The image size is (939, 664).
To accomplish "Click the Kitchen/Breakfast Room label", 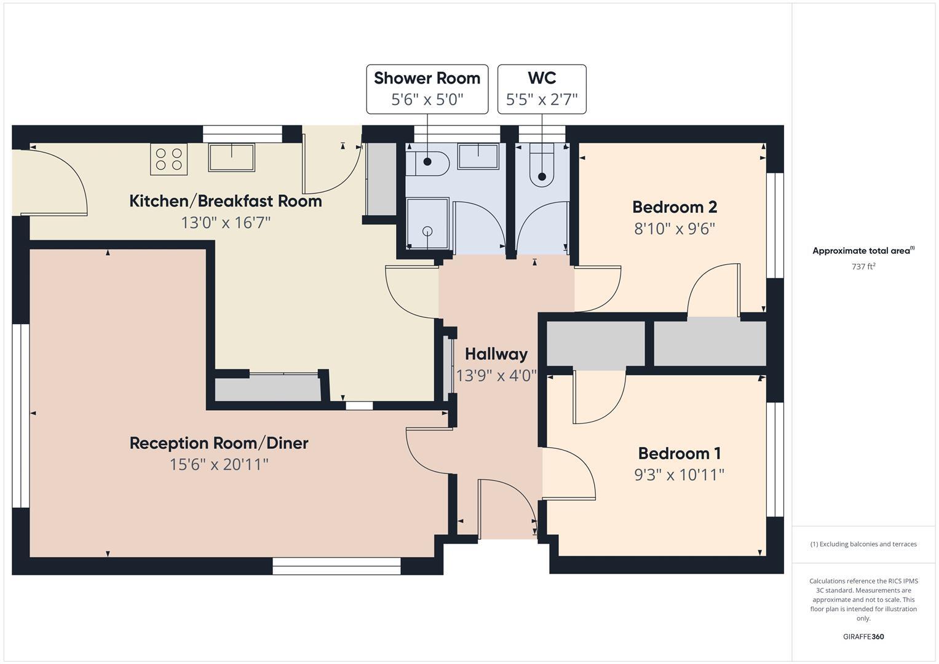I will (x=225, y=201).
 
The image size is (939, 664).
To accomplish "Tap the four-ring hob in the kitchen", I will (x=168, y=159).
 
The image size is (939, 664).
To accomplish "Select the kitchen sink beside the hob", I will (x=231, y=157).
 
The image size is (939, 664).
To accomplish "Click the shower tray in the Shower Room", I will (x=427, y=223).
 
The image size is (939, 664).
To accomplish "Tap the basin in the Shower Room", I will (x=478, y=156).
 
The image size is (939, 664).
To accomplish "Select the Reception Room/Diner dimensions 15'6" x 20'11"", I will (x=219, y=464).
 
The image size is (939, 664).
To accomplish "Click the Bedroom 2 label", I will (x=675, y=207).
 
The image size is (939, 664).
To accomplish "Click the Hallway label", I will (x=496, y=354).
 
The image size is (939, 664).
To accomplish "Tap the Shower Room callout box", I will (x=427, y=89).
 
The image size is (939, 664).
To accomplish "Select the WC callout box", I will (x=542, y=89).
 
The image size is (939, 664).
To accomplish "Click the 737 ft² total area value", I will (x=863, y=267).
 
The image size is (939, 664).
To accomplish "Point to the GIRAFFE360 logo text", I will (x=863, y=636).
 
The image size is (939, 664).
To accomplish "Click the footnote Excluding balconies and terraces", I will (x=863, y=544).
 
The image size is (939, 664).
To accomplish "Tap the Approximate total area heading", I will (x=863, y=251).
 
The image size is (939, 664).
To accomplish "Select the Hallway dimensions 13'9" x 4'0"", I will (x=496, y=376).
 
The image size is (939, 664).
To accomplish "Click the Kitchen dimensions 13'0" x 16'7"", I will (x=225, y=223).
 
